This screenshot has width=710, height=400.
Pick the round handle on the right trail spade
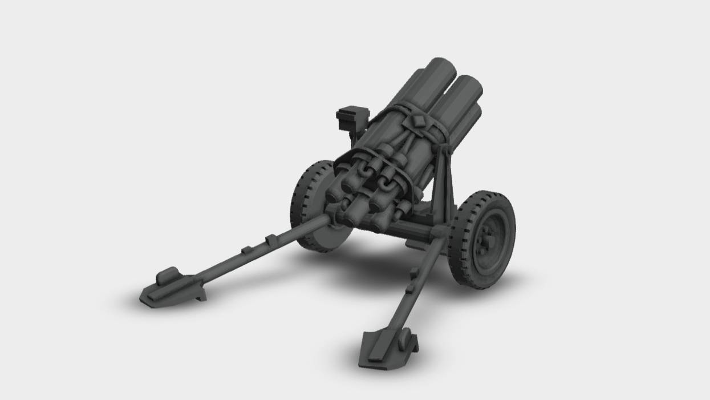coord(408,340)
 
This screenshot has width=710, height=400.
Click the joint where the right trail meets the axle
coord(440,232)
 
